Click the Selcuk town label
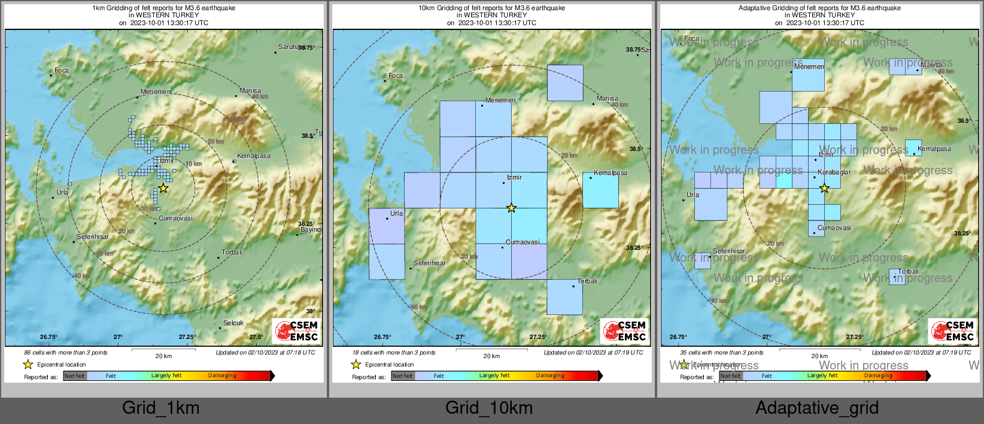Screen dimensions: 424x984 [x=233, y=323]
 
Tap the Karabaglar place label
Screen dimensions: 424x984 [x=834, y=172]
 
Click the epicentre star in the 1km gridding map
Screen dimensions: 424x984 [x=163, y=188]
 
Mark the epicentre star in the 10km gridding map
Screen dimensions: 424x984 [x=511, y=208]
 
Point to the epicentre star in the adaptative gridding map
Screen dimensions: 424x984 [x=824, y=188]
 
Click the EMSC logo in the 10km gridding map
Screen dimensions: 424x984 [x=625, y=331]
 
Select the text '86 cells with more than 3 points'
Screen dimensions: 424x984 [x=66, y=353]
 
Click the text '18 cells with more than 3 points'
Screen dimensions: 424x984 [x=394, y=353]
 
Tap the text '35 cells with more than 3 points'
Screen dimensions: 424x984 [x=722, y=353]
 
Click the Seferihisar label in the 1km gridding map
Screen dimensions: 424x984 [x=93, y=237]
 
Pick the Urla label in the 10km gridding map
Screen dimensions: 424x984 [x=396, y=213]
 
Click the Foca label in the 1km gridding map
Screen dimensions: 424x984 [x=62, y=71]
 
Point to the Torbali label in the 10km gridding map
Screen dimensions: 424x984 [x=587, y=281]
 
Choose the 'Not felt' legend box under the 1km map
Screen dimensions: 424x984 [x=75, y=376]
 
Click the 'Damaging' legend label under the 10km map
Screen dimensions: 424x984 [x=550, y=376]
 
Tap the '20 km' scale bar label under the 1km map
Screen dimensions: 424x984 [x=163, y=356]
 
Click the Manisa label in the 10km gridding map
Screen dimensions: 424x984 [x=608, y=99]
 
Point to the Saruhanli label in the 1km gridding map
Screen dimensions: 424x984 [x=291, y=47]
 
